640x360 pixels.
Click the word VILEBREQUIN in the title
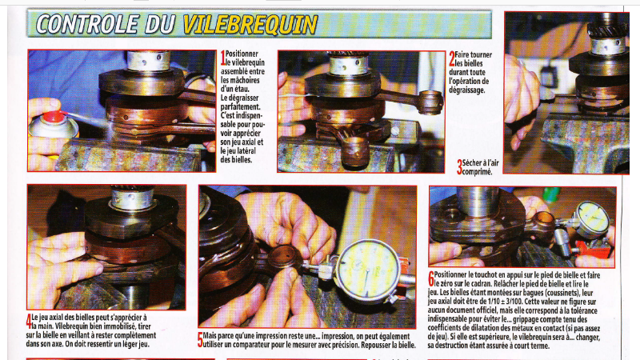(x=250, y=25)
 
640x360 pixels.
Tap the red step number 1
(x=223, y=58)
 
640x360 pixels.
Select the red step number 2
(x=451, y=58)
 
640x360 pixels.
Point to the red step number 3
(x=459, y=167)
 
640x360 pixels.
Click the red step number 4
(x=29, y=322)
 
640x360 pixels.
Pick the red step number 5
(x=200, y=340)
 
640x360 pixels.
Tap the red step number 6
(x=431, y=279)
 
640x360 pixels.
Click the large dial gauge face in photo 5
(x=366, y=271)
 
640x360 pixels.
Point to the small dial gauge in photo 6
(x=593, y=219)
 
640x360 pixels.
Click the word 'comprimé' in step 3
(x=477, y=172)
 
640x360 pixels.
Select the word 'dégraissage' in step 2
(x=467, y=90)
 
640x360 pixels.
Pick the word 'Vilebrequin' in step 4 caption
(x=74, y=326)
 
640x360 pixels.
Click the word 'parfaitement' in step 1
(x=240, y=107)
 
